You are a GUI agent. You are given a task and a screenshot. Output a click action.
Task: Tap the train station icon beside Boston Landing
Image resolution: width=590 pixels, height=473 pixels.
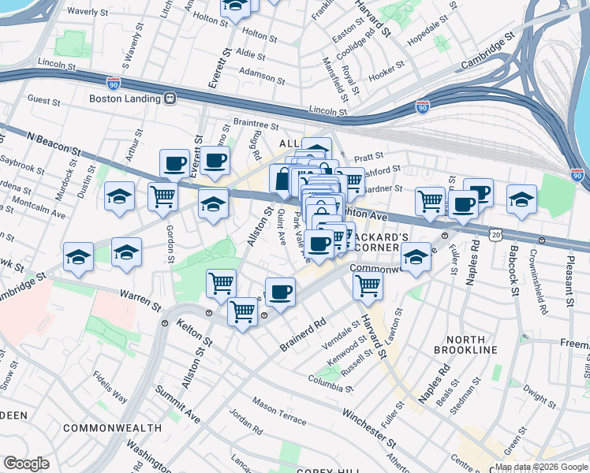pyautogui.click(x=169, y=99)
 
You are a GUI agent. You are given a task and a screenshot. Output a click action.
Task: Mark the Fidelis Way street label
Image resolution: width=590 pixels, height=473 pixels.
pyautogui.click(x=110, y=387)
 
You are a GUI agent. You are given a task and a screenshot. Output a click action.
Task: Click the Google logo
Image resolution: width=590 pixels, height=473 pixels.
pyautogui.click(x=26, y=464)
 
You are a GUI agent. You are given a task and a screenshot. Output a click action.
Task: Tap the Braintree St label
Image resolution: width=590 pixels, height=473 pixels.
pyautogui.click(x=256, y=124)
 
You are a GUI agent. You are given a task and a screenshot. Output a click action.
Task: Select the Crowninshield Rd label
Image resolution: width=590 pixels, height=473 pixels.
pyautogui.click(x=538, y=282)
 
